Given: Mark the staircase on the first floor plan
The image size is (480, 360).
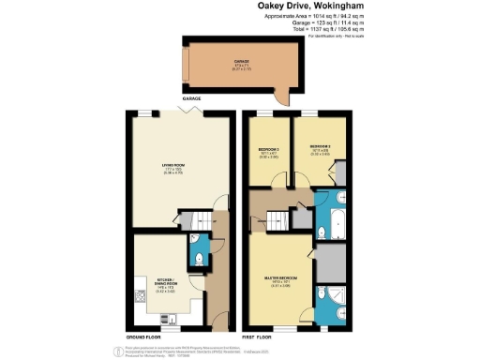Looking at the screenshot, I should pos(277,222).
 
